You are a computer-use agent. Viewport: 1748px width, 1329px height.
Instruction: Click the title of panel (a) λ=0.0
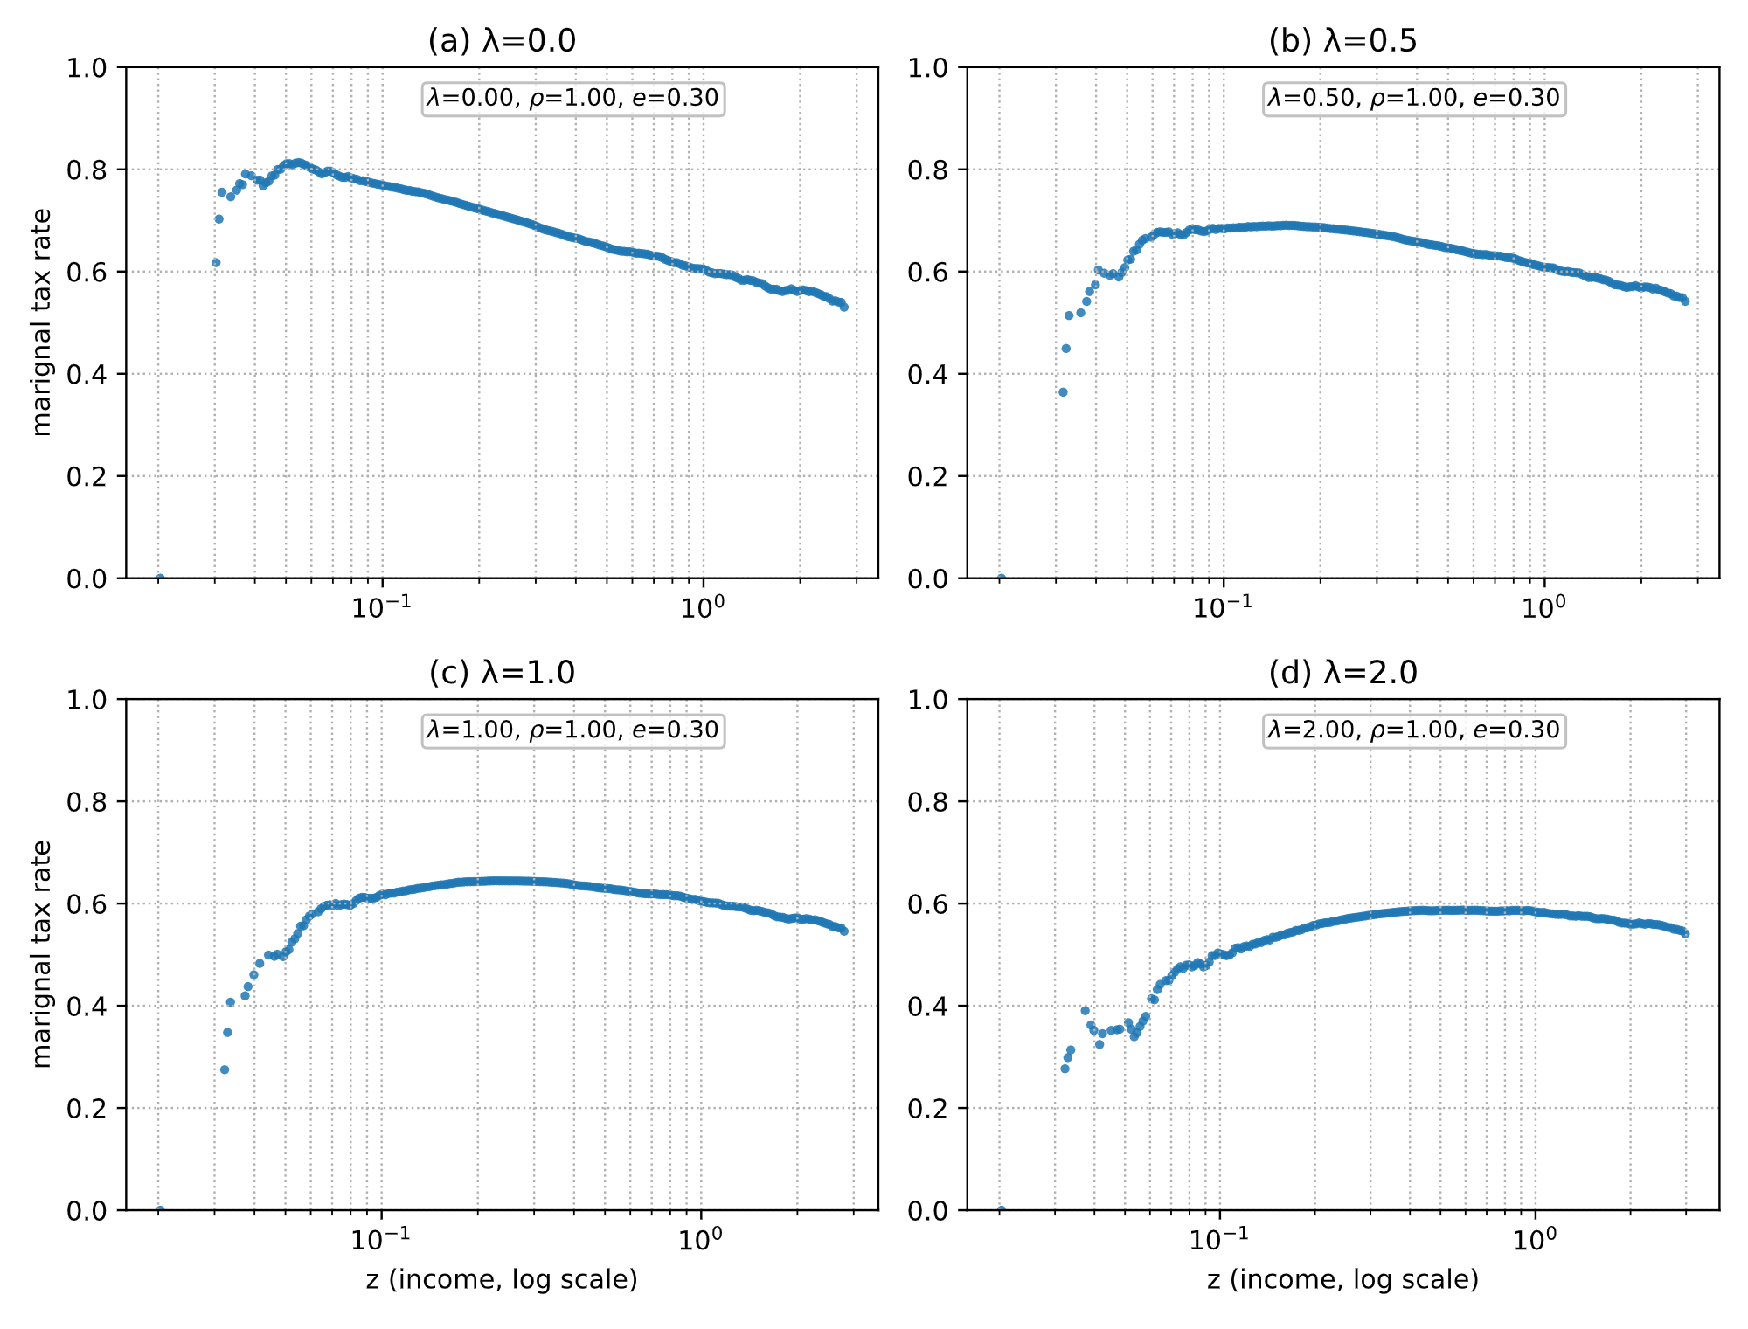502,41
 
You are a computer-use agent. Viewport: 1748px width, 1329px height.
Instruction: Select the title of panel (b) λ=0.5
1342,41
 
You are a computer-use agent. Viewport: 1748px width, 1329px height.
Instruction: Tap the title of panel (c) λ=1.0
502,673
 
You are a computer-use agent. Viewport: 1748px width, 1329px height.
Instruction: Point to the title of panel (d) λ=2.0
1342,673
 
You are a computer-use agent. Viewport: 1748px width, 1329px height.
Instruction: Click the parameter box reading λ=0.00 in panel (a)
572,98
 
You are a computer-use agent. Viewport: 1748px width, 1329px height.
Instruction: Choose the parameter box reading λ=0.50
1413,98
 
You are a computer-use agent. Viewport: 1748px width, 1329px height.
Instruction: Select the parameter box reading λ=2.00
1413,730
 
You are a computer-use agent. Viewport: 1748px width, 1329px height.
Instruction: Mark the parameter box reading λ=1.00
572,730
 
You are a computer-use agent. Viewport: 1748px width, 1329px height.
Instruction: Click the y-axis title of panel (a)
41,322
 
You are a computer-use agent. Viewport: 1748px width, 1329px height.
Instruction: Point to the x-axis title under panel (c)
502,1280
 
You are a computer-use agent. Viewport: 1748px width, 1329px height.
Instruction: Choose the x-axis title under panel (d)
1342,1280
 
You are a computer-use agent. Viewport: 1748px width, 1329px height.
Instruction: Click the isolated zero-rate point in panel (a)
160,578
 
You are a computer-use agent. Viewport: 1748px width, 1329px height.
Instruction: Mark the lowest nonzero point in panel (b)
1063,392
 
